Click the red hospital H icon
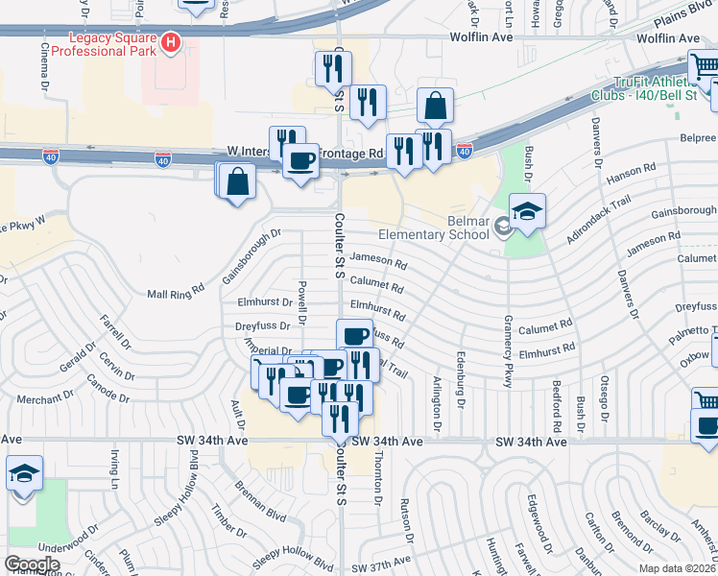tap(171, 42)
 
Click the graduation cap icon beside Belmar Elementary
tap(527, 212)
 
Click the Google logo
tap(32, 564)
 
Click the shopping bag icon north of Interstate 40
tap(435, 108)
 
